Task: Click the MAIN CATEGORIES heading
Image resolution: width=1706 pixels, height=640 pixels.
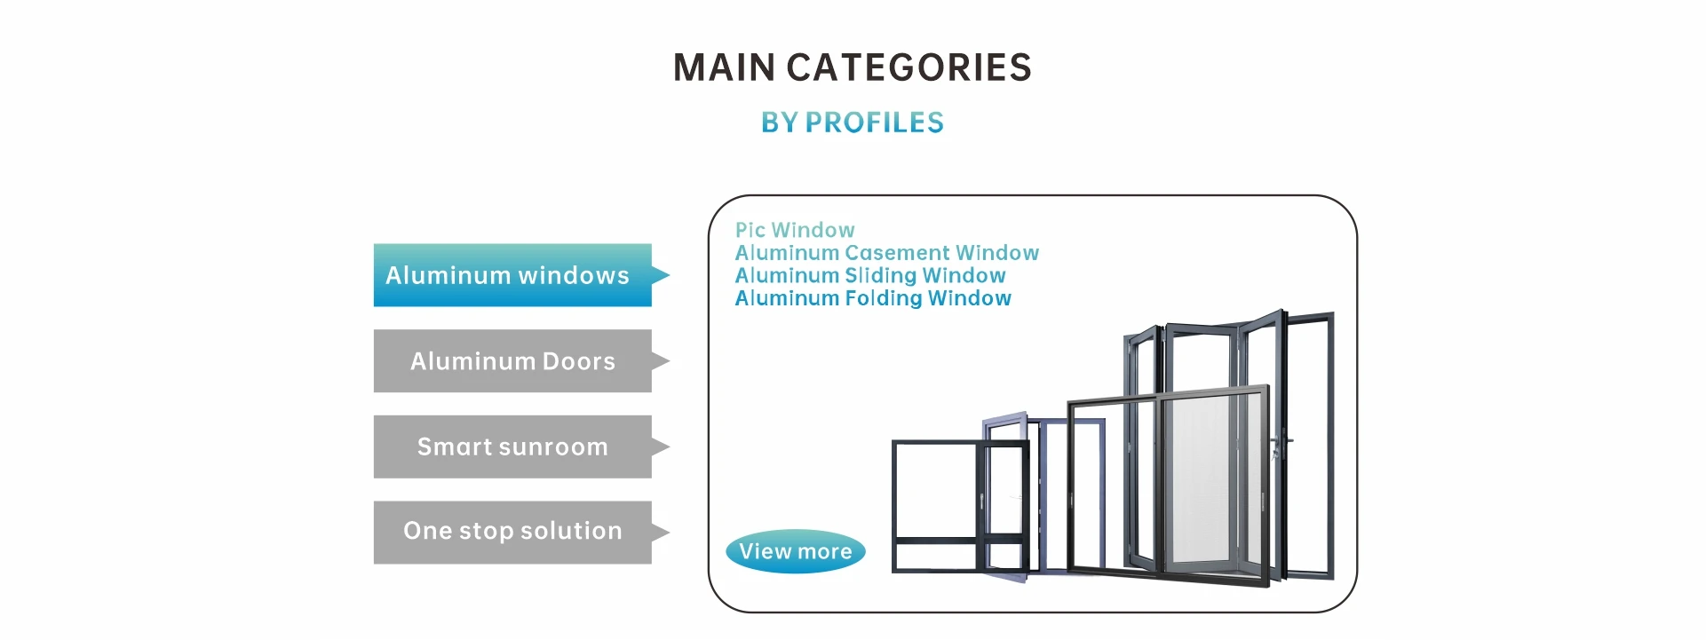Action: (x=853, y=67)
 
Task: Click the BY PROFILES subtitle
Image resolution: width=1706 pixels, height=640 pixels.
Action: (x=853, y=122)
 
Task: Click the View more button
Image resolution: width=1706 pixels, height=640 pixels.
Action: (x=796, y=551)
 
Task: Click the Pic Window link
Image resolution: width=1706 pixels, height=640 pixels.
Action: (x=795, y=230)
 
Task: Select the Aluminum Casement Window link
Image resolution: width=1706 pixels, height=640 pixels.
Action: (x=887, y=253)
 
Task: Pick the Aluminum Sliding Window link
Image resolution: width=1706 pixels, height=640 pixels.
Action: (x=870, y=275)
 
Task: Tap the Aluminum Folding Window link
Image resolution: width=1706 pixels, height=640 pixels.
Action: (x=873, y=298)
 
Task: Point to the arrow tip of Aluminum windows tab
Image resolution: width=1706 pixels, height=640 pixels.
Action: (x=669, y=275)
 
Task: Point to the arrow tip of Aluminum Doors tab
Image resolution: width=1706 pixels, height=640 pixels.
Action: (x=669, y=361)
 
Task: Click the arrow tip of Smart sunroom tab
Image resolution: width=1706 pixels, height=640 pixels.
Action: (x=669, y=446)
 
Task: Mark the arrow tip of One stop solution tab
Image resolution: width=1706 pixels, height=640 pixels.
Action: (x=669, y=533)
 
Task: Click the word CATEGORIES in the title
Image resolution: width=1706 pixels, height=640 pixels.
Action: (x=909, y=67)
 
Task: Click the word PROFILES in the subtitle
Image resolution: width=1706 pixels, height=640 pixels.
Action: (x=875, y=122)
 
